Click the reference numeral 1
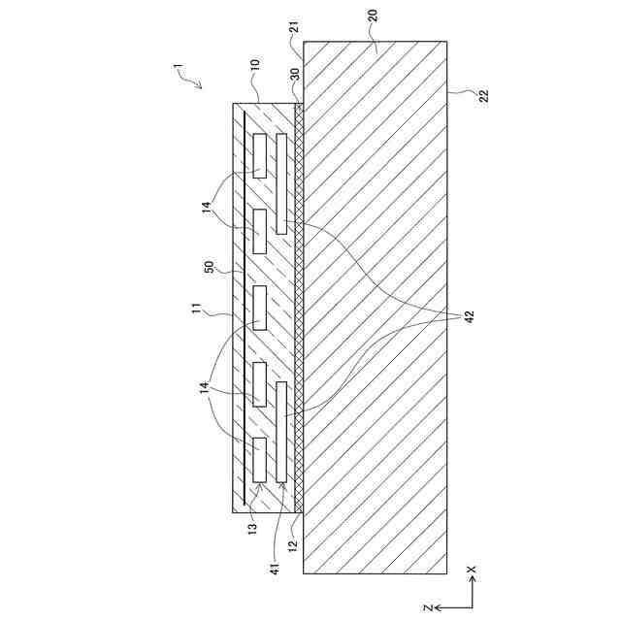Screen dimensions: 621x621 coord(178,68)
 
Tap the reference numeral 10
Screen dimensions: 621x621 coord(255,65)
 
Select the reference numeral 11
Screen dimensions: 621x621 coord(197,310)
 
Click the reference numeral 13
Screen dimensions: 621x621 coord(252,527)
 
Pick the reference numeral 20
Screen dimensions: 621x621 coord(373,16)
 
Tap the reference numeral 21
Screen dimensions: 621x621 coord(295,27)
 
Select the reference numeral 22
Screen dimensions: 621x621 coord(483,96)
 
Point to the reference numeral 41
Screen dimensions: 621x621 coord(276,569)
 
